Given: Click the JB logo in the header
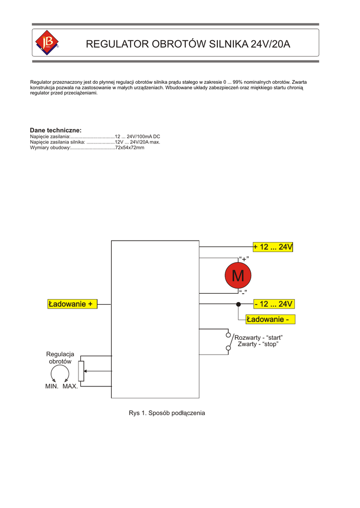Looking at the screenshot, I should tap(47, 43).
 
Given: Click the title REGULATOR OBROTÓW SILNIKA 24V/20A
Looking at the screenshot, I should tap(188, 44).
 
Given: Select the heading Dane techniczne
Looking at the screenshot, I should tap(56, 130).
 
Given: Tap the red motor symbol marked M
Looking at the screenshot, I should tap(238, 276).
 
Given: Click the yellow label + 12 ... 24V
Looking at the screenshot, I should tap(273, 247).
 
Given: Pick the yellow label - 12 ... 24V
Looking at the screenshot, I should tap(274, 304).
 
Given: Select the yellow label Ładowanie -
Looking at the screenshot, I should tap(270, 319).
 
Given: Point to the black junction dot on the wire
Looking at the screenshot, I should tap(238, 304).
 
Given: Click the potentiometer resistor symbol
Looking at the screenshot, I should tap(81, 371).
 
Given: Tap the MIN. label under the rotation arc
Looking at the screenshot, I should tap(52, 386).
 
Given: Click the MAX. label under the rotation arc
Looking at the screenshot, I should tap(70, 386).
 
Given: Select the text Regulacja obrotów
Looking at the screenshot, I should tap(60, 358).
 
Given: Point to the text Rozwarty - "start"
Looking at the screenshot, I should tap(258, 337).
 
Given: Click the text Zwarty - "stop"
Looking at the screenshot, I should tap(258, 344).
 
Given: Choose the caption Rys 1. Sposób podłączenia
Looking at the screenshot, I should tap(167, 413).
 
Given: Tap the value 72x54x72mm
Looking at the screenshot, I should tap(130, 148).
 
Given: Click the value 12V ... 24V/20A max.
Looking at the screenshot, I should tap(138, 142).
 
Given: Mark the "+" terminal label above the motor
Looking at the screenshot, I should tap(244, 258).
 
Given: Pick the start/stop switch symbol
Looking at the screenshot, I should tap(228, 341).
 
